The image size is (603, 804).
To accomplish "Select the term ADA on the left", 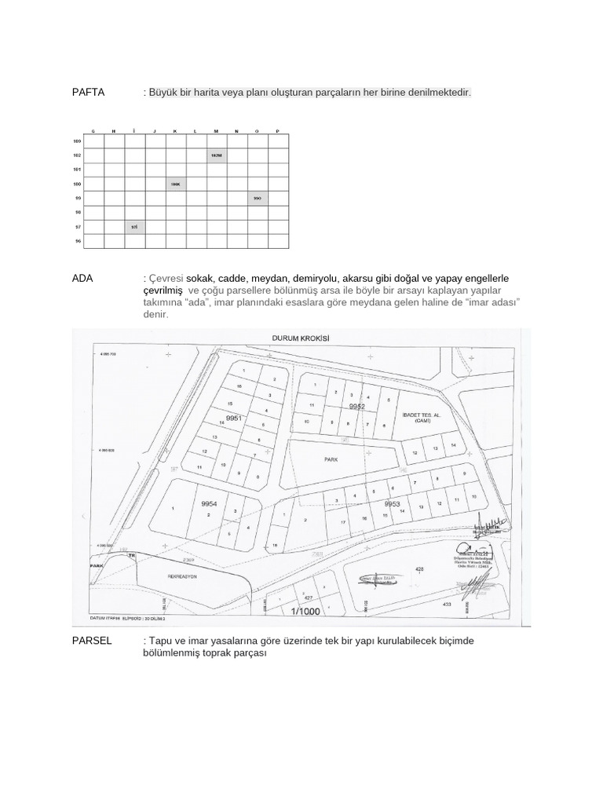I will coord(82,279).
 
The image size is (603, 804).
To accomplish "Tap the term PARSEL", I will coord(91,641).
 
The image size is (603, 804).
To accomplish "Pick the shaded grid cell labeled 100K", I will coord(175,185).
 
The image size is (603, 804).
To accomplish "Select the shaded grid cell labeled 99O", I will coord(258,199).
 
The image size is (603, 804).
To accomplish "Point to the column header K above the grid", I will coord(175,131).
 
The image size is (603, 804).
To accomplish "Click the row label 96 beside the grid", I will coord(78,241).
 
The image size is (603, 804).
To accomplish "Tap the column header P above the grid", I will coord(278,131).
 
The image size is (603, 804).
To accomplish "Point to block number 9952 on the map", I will coord(358,407).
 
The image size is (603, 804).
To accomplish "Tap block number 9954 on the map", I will coord(209,502).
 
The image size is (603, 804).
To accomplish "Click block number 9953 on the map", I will coord(393,504).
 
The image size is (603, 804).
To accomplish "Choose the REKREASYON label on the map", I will coord(181,576).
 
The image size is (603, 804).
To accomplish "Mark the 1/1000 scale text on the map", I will coord(305,611).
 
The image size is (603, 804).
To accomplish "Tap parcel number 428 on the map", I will coord(419,569).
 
